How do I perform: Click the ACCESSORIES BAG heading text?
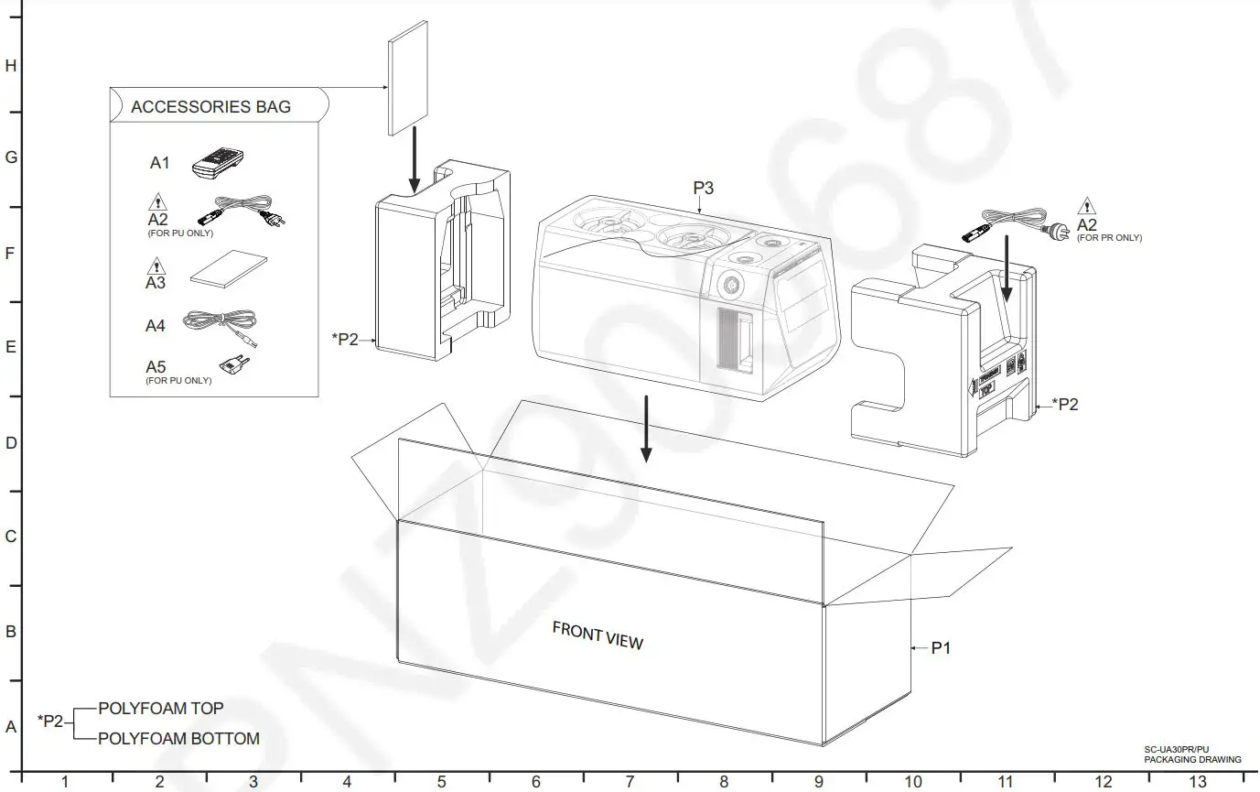click(x=210, y=106)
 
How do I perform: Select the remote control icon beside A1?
click(x=217, y=164)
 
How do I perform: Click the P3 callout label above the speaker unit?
click(x=703, y=188)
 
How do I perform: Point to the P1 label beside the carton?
click(x=942, y=648)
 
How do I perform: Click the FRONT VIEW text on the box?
click(x=598, y=635)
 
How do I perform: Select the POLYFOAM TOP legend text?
click(x=160, y=709)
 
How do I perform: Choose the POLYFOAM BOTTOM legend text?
click(x=178, y=739)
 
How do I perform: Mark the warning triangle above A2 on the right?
click(x=1086, y=206)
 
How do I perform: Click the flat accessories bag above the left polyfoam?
click(x=408, y=78)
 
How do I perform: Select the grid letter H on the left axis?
click(x=11, y=66)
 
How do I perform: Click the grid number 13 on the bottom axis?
click(x=1197, y=782)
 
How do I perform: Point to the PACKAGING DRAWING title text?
click(x=1192, y=759)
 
